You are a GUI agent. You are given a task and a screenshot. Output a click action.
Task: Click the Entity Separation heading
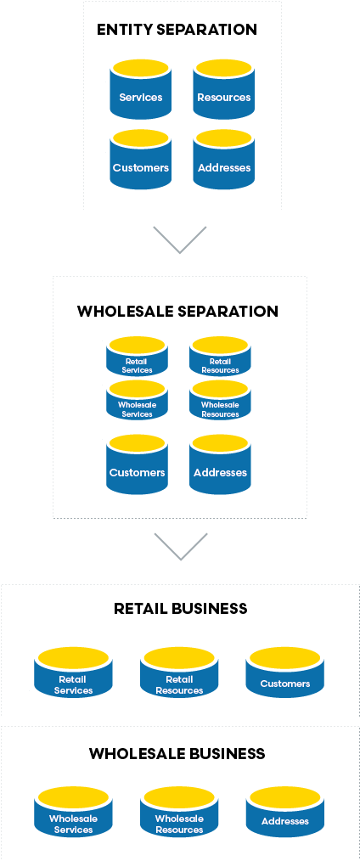tap(177, 30)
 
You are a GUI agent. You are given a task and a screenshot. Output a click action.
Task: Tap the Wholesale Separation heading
tap(177, 312)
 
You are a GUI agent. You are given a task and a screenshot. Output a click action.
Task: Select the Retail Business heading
tap(180, 609)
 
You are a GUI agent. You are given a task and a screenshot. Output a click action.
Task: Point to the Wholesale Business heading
tap(177, 754)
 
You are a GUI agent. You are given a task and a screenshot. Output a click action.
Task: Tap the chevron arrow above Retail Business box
tap(180, 546)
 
